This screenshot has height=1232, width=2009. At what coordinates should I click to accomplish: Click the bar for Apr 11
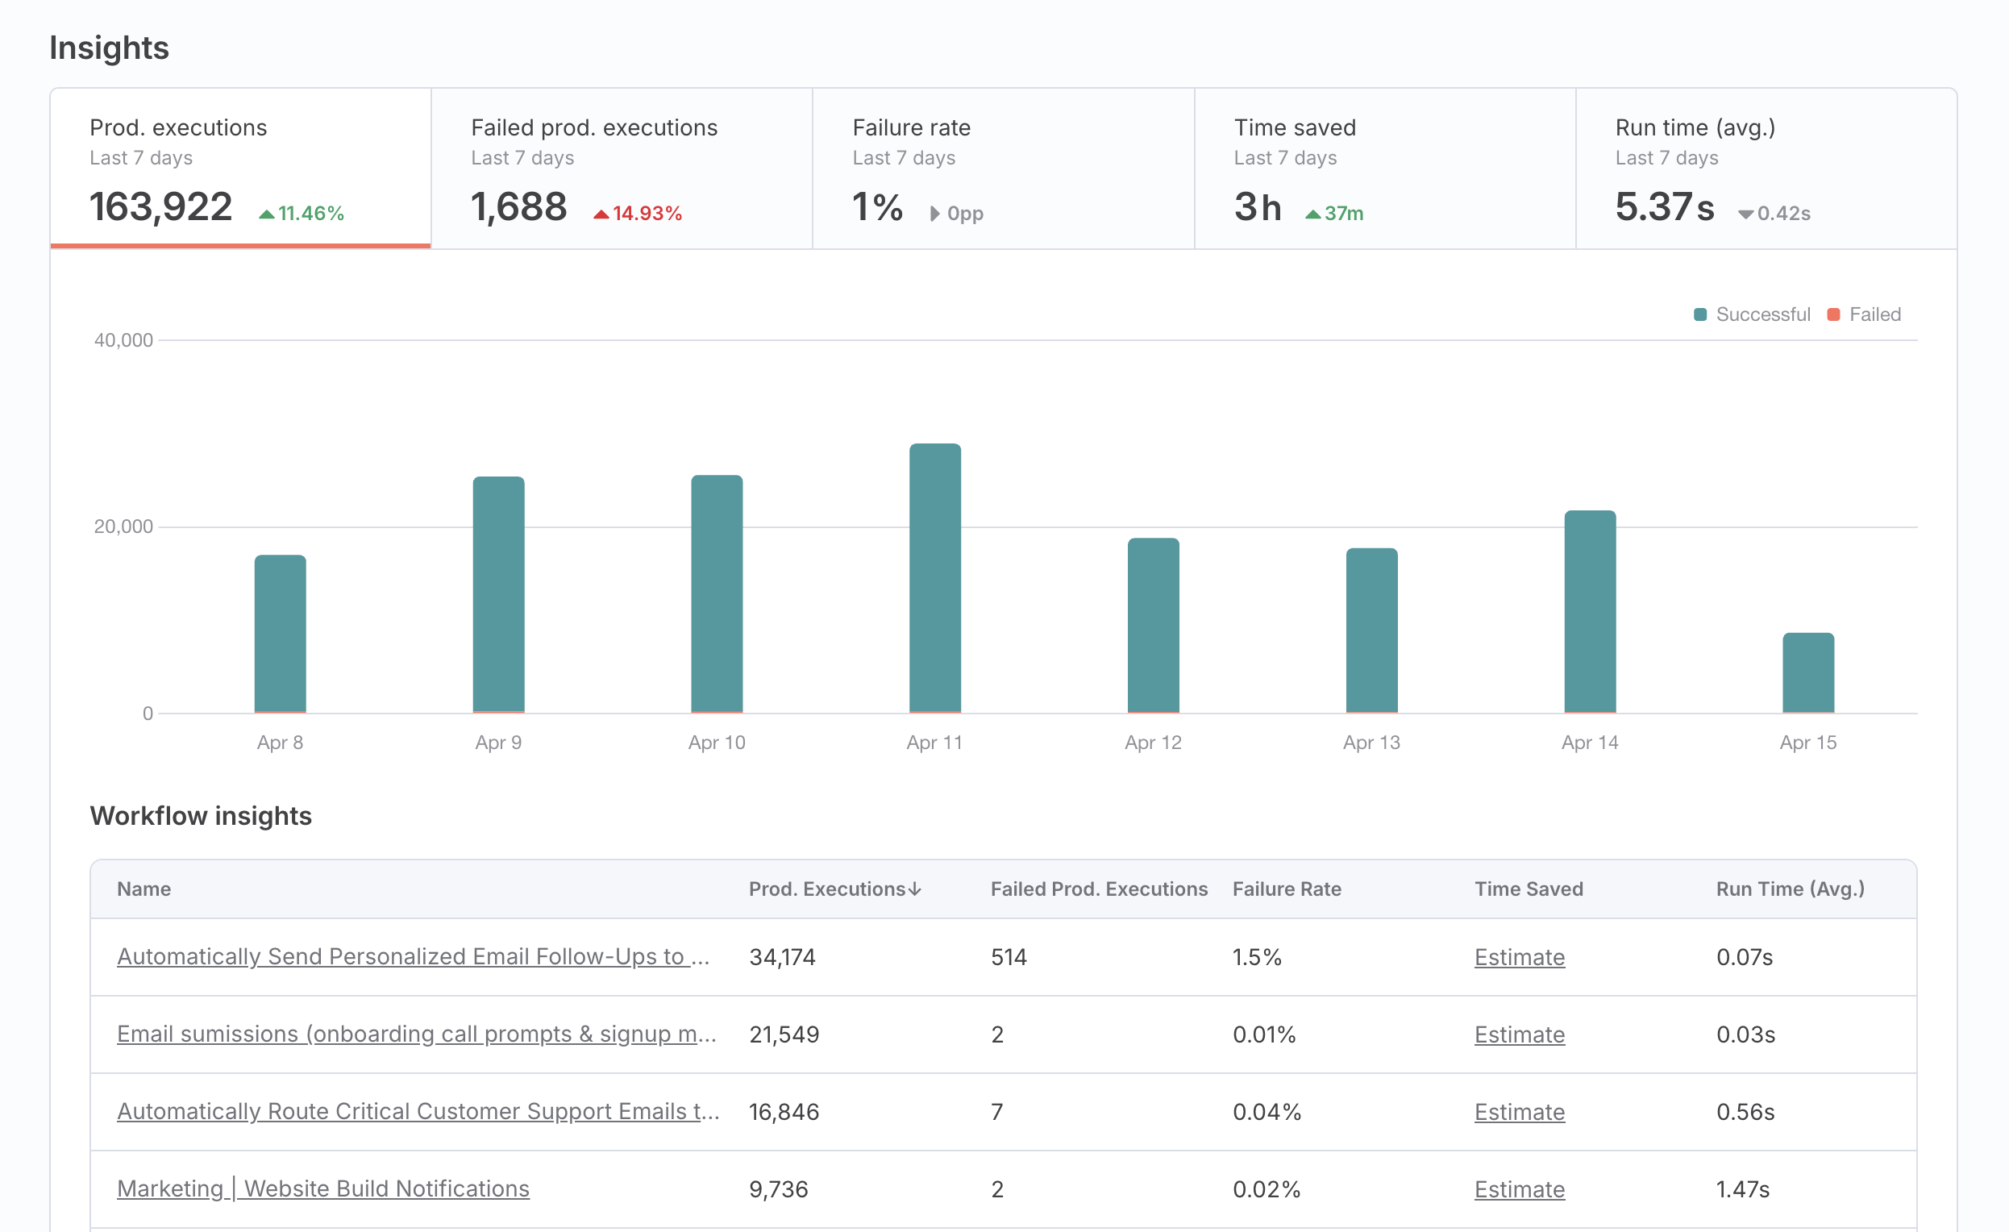click(935, 578)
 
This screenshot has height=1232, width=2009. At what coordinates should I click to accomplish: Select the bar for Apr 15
click(1807, 672)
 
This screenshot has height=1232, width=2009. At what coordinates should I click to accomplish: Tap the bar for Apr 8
click(281, 634)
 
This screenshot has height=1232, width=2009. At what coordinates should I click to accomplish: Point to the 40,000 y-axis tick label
click(123, 340)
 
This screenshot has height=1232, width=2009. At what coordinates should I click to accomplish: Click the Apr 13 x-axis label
click(1371, 742)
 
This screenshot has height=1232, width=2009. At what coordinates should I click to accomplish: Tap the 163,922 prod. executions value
click(160, 206)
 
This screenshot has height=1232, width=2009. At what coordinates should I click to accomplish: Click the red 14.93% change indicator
click(638, 214)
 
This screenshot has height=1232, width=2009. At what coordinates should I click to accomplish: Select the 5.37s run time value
click(1664, 206)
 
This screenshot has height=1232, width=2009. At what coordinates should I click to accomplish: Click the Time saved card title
click(1295, 127)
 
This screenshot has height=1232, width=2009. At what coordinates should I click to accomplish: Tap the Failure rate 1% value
click(877, 206)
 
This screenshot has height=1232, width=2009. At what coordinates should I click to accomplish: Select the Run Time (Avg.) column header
click(1790, 889)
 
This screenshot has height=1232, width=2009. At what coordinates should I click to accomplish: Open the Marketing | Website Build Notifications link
click(322, 1188)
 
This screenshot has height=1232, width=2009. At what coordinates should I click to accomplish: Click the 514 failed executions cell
click(1009, 956)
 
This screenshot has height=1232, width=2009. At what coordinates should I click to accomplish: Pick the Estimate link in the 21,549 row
click(1519, 1034)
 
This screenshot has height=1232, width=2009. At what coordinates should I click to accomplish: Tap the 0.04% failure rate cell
click(1267, 1111)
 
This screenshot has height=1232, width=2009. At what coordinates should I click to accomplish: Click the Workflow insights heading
click(201, 815)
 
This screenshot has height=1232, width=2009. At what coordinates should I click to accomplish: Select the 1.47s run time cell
click(1742, 1188)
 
